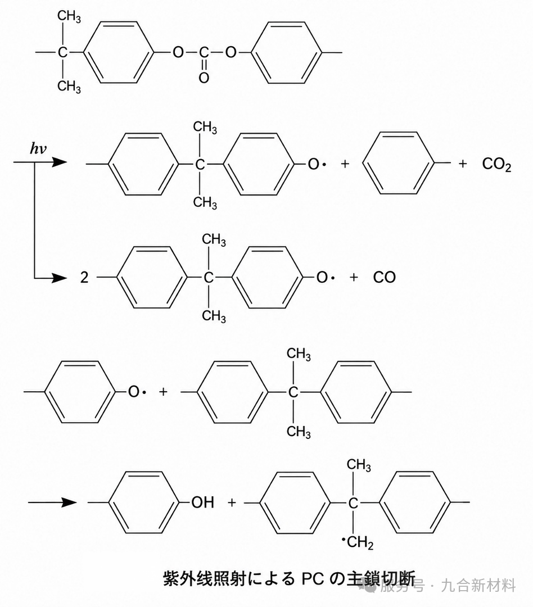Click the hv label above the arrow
(x=38, y=148)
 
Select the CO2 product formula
(x=496, y=165)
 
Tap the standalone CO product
(x=384, y=277)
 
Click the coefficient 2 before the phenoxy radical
(x=84, y=277)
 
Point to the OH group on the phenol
(x=202, y=502)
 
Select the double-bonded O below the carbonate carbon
(x=204, y=78)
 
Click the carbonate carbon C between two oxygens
(x=204, y=52)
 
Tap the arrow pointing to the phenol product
(x=52, y=502)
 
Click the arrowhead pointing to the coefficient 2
(x=60, y=278)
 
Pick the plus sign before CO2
(x=463, y=164)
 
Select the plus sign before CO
(x=354, y=277)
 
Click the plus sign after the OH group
(x=232, y=502)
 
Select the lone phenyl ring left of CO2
(x=399, y=163)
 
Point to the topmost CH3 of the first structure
(x=69, y=17)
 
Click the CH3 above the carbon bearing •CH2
(x=359, y=465)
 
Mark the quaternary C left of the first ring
(x=62, y=52)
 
